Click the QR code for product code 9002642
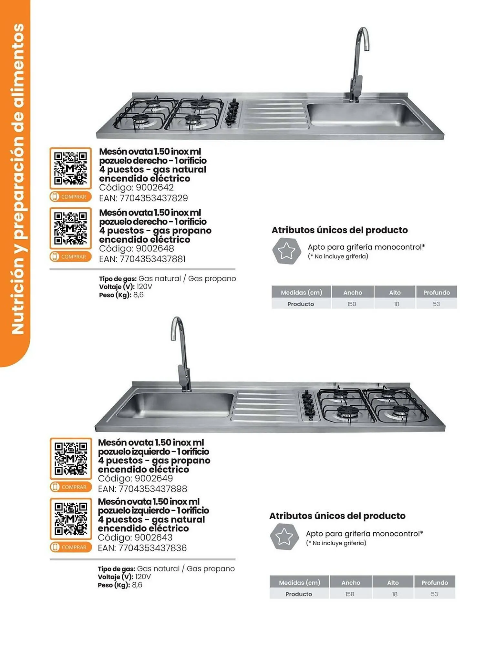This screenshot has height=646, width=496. [70, 168]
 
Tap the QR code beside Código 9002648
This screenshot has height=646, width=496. [70, 228]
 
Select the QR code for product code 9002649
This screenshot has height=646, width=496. [71, 458]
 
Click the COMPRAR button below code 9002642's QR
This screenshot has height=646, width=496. [70, 197]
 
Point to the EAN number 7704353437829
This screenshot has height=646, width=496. [143, 198]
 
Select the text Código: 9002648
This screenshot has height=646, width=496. [136, 249]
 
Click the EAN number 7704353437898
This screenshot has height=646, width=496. [142, 489]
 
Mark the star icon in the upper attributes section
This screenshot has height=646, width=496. [286, 251]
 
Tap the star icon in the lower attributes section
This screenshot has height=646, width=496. [284, 537]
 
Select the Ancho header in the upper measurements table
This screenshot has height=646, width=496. [353, 293]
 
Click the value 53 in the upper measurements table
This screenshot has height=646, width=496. [436, 304]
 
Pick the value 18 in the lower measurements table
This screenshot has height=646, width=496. [395, 594]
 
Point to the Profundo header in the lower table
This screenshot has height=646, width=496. [434, 583]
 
